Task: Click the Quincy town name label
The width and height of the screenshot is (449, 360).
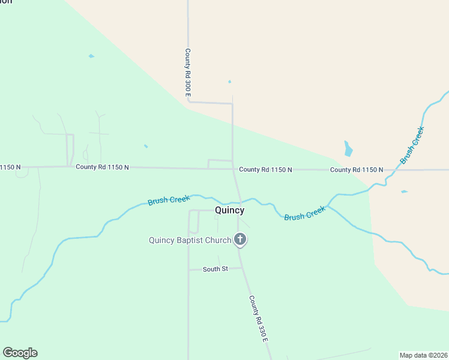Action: tap(229, 211)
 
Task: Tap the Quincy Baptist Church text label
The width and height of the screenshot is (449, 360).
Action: tap(190, 241)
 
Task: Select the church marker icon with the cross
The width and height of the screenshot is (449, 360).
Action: tap(240, 240)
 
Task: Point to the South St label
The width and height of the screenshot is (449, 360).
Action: tap(215, 269)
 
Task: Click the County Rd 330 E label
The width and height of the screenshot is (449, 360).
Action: tap(259, 319)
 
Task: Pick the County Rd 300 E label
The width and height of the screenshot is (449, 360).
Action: tap(188, 73)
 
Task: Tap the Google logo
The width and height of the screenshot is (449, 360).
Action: tap(20, 353)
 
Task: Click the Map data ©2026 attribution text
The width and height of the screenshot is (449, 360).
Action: tap(423, 355)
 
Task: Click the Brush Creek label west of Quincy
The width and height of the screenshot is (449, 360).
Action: tap(169, 200)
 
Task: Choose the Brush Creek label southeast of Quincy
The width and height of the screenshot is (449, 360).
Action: tap(305, 213)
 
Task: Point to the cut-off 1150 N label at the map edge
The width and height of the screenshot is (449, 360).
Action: tap(10, 167)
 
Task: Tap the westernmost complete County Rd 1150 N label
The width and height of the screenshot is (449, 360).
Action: tap(102, 167)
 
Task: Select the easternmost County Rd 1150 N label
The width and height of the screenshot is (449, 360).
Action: tap(357, 170)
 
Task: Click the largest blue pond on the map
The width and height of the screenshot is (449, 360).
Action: tap(348, 149)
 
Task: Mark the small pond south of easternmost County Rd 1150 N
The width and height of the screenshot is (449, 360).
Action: tap(404, 192)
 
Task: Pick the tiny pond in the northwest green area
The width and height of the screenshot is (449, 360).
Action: tap(91, 56)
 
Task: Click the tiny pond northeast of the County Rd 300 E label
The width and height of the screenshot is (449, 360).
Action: tap(229, 82)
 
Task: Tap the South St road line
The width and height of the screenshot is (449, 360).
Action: tap(198, 269)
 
